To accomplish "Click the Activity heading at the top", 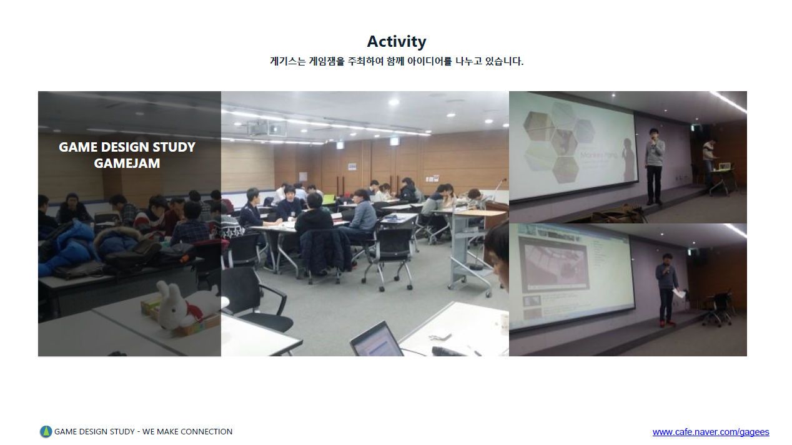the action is (397, 41).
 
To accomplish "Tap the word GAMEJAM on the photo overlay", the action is (127, 163).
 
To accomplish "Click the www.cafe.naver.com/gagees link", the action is (711, 431).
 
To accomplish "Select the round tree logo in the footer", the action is (46, 431).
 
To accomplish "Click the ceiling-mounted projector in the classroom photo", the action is (267, 128).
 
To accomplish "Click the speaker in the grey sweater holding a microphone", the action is (655, 166).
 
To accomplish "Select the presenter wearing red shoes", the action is (666, 290).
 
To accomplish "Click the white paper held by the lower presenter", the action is (678, 293).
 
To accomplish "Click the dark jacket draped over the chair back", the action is (325, 251).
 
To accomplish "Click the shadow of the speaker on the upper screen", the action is (628, 159).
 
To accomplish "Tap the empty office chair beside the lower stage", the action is (718, 308).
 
